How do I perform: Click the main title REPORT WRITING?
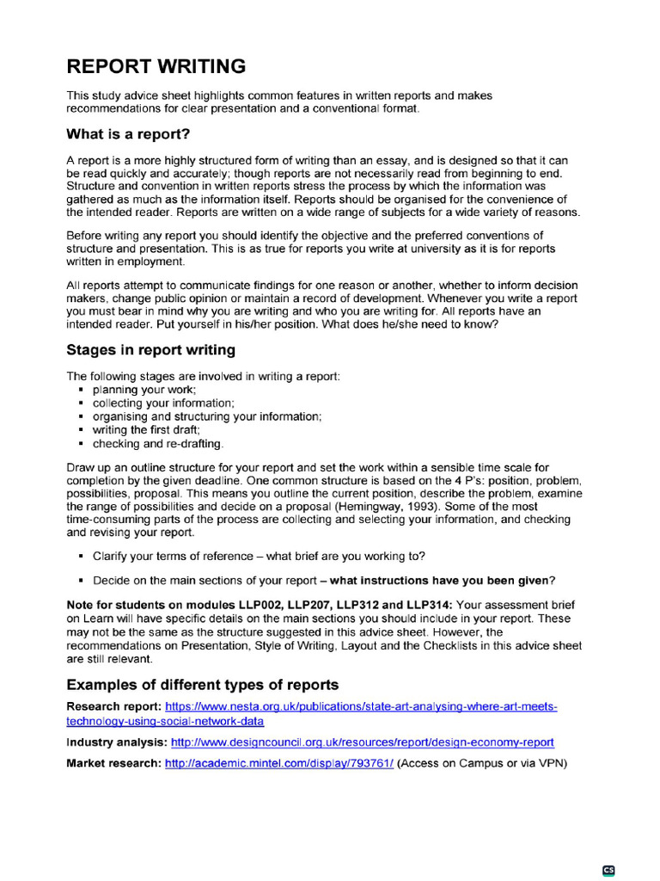tap(156, 66)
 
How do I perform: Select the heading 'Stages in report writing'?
tap(150, 350)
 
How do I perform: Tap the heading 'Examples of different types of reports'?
tap(203, 685)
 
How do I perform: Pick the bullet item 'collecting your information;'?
tap(163, 403)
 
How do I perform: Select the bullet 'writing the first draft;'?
tap(146, 429)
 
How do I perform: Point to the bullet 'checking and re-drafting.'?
tap(158, 443)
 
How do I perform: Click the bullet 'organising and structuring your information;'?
tap(207, 416)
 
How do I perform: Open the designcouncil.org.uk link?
tap(362, 742)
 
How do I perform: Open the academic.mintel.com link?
tap(279, 763)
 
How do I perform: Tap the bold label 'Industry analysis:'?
tap(117, 742)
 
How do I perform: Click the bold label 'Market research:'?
tap(113, 763)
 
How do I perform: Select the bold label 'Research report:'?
tap(114, 706)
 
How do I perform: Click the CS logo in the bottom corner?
tap(609, 870)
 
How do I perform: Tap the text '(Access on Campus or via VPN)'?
tap(482, 763)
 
